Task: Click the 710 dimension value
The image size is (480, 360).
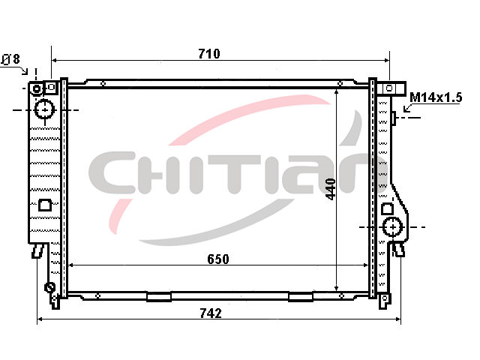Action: [209, 54]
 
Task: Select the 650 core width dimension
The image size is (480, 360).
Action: [218, 259]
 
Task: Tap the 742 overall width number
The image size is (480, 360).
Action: [211, 313]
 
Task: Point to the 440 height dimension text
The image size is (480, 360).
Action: [331, 189]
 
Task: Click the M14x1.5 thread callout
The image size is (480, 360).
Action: [436, 97]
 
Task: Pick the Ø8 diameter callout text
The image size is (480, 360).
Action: [11, 58]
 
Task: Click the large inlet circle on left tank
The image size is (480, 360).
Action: [45, 109]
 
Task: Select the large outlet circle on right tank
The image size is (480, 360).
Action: [392, 227]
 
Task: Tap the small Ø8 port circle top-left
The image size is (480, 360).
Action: [37, 89]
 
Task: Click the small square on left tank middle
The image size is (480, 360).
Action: [45, 205]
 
